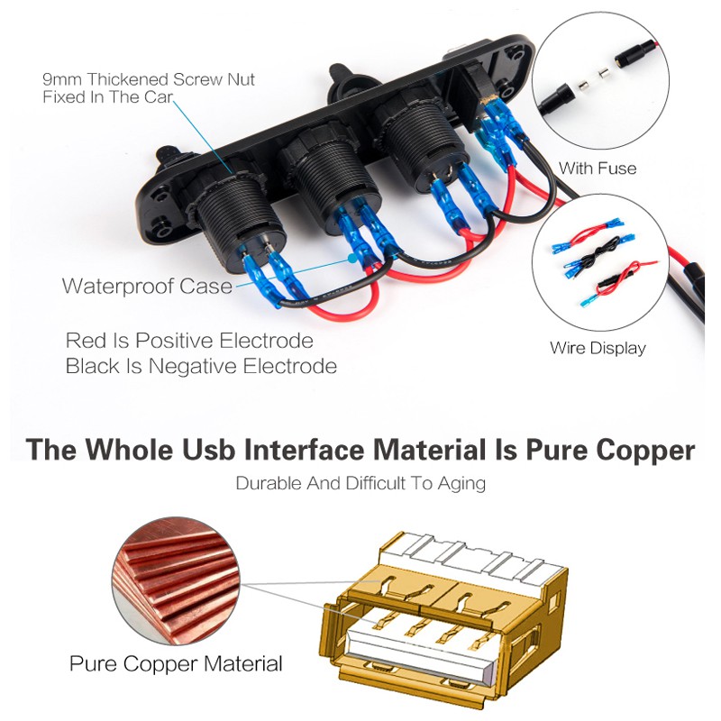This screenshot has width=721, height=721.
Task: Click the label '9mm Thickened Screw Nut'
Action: (149, 80)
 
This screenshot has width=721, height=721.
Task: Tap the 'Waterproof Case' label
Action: (147, 287)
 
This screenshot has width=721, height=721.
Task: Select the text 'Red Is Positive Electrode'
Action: (189, 342)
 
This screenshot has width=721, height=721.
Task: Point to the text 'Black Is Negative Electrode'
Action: (201, 367)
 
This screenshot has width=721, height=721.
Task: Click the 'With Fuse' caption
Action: (598, 169)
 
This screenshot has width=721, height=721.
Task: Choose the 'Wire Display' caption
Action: (598, 348)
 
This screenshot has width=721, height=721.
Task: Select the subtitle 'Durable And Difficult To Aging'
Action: (360, 483)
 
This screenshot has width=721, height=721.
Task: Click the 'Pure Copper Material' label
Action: (176, 665)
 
